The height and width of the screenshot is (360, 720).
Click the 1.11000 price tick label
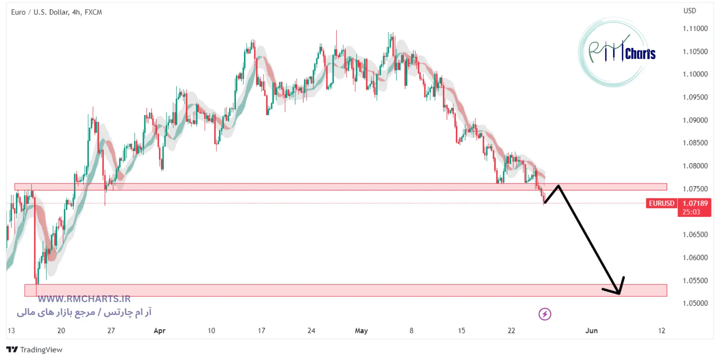(695, 28)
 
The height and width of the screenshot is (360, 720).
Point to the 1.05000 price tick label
(695, 303)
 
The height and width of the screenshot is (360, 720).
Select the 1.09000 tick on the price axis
(695, 120)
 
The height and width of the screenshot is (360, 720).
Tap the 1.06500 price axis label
(695, 235)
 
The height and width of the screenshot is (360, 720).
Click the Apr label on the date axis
(159, 330)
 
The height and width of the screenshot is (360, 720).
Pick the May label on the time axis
(361, 330)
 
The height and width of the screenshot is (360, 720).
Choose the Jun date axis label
(591, 330)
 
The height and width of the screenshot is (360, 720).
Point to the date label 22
(511, 330)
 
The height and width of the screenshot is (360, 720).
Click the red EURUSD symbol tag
(661, 203)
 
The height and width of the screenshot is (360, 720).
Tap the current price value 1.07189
(695, 203)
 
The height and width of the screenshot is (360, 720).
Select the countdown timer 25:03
(691, 212)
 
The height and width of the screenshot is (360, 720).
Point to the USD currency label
(689, 11)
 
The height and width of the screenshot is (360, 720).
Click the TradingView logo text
(41, 350)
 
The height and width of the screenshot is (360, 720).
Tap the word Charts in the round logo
(640, 54)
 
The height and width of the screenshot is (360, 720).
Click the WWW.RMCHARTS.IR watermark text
(84, 299)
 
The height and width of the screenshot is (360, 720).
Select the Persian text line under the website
(84, 312)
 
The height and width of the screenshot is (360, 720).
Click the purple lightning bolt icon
(545, 314)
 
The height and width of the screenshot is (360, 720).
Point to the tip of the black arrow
(619, 294)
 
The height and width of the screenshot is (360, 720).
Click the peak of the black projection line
(558, 186)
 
